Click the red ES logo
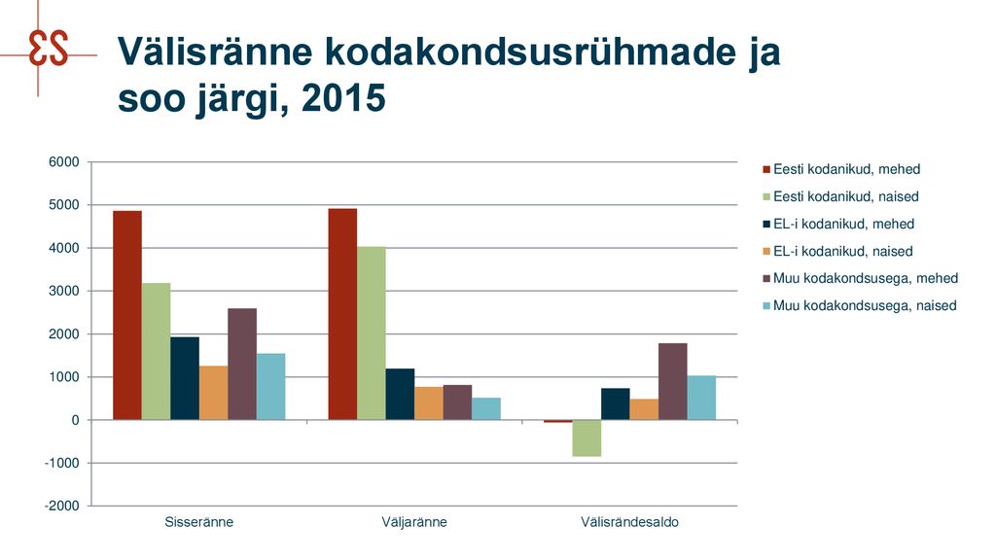48,50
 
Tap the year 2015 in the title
343,98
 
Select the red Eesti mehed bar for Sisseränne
127,315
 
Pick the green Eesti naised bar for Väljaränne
371,332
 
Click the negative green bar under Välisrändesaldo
587,438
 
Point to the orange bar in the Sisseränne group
213,393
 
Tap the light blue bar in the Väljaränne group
486,409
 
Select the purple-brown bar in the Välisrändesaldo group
673,381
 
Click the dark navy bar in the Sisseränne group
185,378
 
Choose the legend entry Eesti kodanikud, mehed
841,169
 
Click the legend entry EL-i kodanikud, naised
837,252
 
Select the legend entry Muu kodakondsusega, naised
860,306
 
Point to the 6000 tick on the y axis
64,162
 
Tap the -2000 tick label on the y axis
61,506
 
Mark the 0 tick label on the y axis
76,420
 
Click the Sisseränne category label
198,522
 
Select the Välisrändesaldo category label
629,522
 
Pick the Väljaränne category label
414,522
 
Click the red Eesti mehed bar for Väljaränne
342,314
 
